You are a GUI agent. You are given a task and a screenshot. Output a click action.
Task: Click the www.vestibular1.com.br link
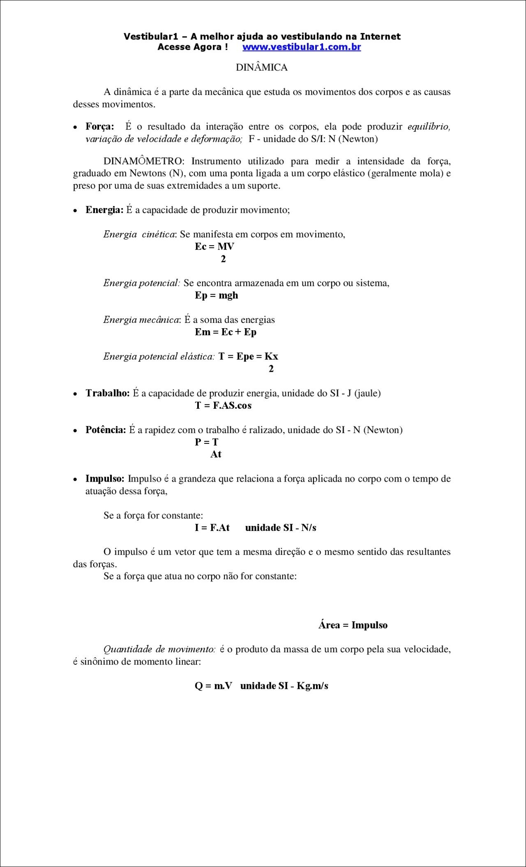click(x=301, y=47)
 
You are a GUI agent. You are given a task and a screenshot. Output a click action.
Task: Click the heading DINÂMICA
click(x=262, y=67)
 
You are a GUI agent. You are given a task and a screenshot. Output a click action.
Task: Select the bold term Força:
click(x=100, y=127)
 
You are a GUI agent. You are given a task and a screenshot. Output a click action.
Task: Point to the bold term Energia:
click(x=104, y=210)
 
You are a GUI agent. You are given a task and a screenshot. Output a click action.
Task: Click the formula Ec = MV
click(x=215, y=247)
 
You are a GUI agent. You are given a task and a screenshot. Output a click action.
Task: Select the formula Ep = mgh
click(x=217, y=295)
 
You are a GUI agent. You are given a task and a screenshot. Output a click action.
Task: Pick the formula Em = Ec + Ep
click(x=226, y=332)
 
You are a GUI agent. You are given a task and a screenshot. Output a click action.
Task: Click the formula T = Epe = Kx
click(x=248, y=357)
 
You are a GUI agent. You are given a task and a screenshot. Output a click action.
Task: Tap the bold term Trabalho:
click(x=108, y=393)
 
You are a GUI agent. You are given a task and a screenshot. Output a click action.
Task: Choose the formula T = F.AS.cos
click(x=223, y=406)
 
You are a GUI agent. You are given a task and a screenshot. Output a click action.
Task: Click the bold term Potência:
click(x=106, y=430)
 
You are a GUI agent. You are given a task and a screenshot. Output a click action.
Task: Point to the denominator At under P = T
click(x=216, y=454)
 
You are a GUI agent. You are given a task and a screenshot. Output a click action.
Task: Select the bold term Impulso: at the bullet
click(x=105, y=479)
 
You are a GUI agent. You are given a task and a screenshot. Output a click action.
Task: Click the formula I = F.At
click(x=212, y=528)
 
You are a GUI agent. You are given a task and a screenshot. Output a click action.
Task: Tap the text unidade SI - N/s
click(x=281, y=528)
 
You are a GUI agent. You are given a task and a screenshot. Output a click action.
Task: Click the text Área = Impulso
click(x=353, y=625)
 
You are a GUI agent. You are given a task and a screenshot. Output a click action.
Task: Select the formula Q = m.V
click(x=213, y=686)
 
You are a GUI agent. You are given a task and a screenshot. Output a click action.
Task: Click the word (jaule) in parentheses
click(x=367, y=393)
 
